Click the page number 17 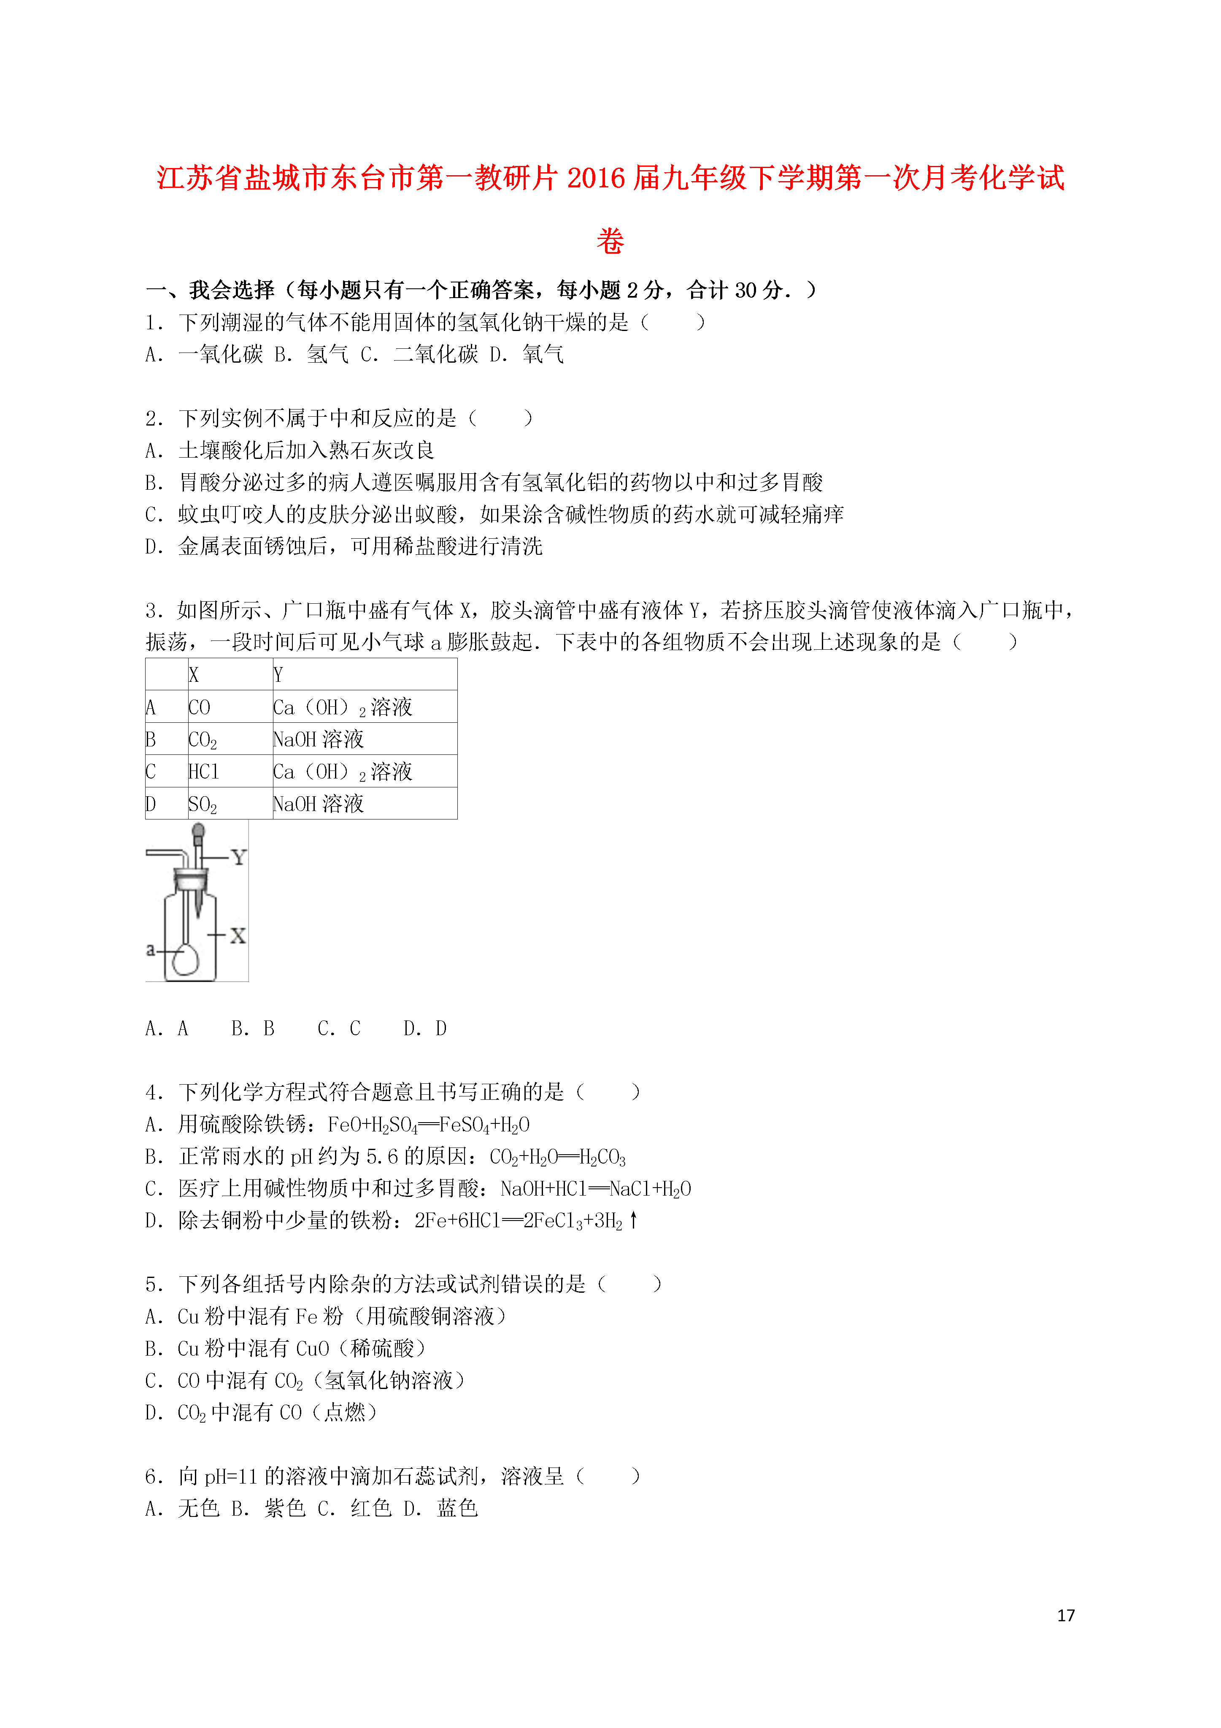pyautogui.click(x=1065, y=1615)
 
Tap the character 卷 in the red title pyautogui.click(x=610, y=241)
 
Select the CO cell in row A pyautogui.click(x=200, y=708)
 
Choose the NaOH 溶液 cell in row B pyautogui.click(x=318, y=740)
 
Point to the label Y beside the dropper pyautogui.click(x=238, y=857)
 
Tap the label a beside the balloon pyautogui.click(x=151, y=950)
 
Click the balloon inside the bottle pyautogui.click(x=185, y=958)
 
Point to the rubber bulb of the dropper pyautogui.click(x=199, y=831)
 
